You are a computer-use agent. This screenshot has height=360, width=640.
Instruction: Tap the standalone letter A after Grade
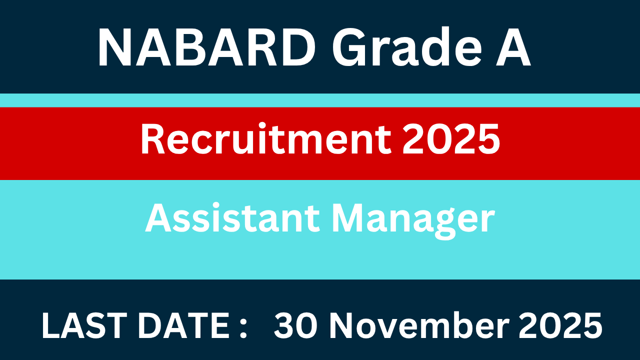point(513,48)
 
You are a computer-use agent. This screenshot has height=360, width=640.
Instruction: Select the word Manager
point(413,220)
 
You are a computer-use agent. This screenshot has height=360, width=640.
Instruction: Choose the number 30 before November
point(298,326)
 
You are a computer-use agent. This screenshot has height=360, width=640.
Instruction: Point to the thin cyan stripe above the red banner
point(320,100)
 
